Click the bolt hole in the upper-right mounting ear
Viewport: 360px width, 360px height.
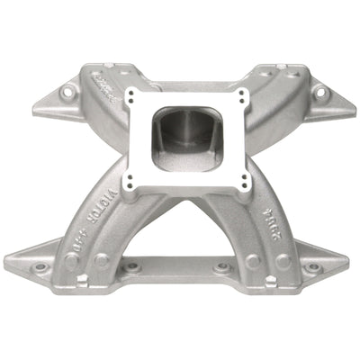pos(318,90)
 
